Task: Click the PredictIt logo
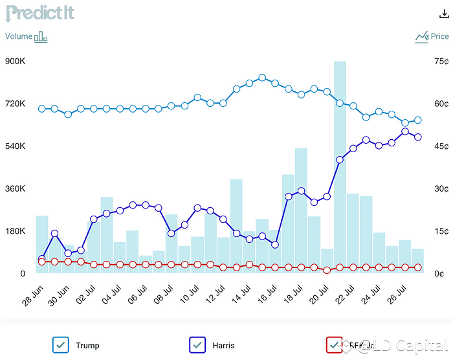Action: point(40,13)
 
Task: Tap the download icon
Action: point(443,14)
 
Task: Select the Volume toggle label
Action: point(19,36)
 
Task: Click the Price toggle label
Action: point(439,36)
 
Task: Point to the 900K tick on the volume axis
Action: point(15,62)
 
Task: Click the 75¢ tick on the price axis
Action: point(442,62)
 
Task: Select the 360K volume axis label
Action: point(15,188)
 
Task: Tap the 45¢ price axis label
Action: point(442,146)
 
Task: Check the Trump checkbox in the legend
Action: point(61,345)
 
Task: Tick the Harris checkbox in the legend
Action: point(197,345)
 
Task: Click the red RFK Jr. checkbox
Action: point(334,345)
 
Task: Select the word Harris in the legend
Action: point(223,346)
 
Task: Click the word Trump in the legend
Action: point(87,346)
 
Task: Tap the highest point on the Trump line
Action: point(262,78)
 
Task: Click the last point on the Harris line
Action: point(418,137)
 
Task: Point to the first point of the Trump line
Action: point(42,109)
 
